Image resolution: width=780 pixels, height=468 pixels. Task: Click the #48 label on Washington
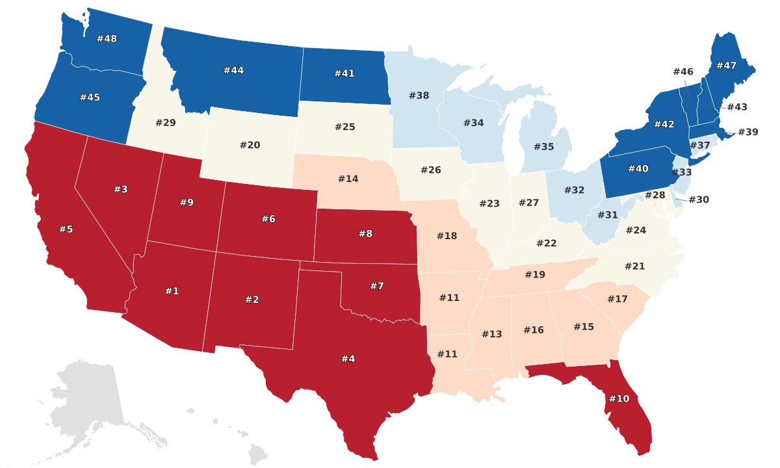tap(107, 39)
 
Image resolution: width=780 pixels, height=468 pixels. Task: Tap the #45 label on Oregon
tap(90, 97)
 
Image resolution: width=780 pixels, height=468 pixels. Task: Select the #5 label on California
tap(66, 229)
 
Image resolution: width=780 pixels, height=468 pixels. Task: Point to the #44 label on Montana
tap(233, 70)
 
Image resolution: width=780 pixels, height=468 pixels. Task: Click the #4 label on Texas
tap(348, 359)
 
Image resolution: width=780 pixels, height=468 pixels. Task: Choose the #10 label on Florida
tap(619, 398)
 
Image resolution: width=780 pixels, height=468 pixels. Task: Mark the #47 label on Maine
tap(726, 66)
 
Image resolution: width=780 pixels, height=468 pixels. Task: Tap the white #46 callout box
tap(683, 71)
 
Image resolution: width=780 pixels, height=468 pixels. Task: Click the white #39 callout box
tap(747, 132)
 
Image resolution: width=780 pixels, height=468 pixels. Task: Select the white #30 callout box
tap(698, 200)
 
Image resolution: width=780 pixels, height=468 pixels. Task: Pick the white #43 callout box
tap(736, 107)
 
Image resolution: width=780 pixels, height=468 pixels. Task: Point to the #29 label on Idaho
tap(166, 122)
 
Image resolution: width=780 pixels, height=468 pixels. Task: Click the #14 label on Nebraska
tap(348, 178)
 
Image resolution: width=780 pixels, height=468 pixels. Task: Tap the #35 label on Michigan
tap(543, 147)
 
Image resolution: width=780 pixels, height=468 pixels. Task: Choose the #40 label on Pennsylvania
tap(638, 169)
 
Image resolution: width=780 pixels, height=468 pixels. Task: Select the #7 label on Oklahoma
tap(377, 286)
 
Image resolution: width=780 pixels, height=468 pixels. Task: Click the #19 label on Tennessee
tap(534, 274)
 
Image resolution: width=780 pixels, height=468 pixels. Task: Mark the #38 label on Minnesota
tap(419, 96)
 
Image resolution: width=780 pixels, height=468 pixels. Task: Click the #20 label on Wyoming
tap(250, 145)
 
